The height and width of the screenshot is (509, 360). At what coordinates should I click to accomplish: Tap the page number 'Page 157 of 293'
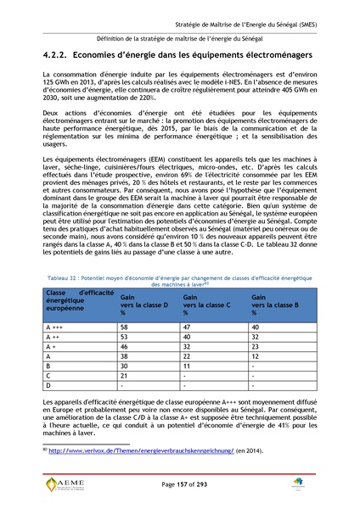tap(180, 484)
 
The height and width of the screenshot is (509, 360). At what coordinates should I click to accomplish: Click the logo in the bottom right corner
tap(300, 484)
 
